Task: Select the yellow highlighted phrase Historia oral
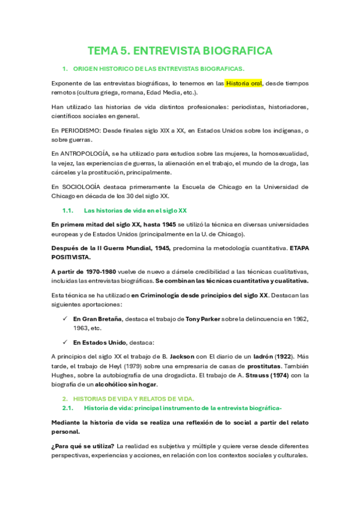coord(244,84)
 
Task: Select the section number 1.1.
coord(67,210)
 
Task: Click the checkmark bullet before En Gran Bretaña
coord(64,318)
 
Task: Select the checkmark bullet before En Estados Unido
coord(64,342)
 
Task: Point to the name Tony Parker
coord(204,318)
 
